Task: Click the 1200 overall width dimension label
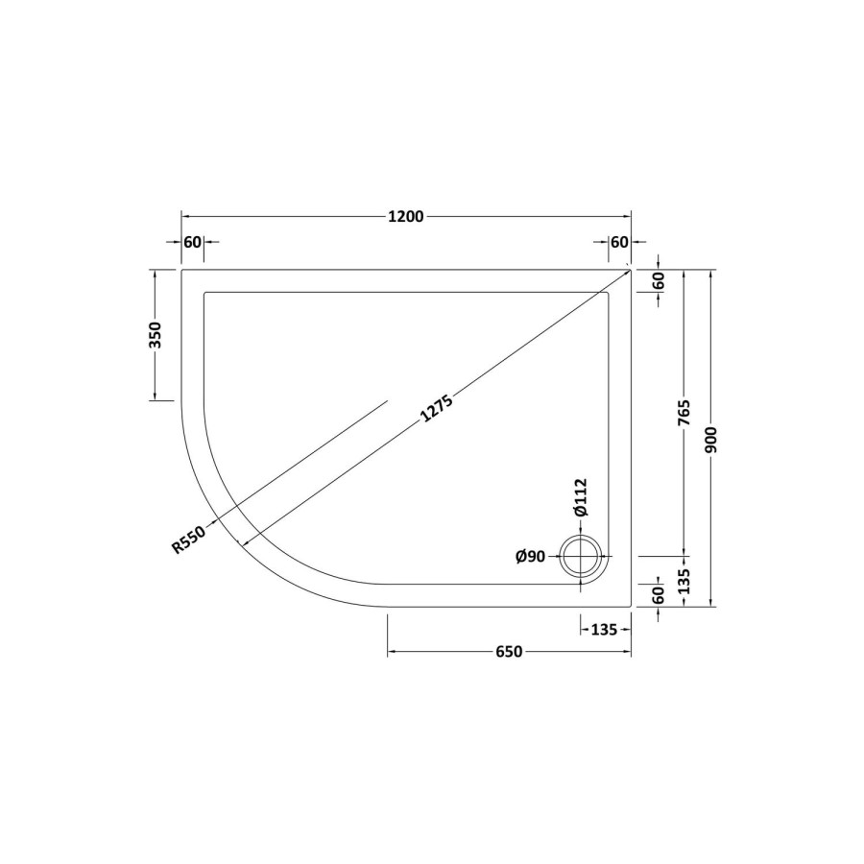[406, 216]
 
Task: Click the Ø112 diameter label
[580, 499]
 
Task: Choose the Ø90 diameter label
[531, 557]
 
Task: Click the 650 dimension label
[509, 653]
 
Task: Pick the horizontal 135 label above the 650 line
[603, 630]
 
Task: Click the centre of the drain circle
[583, 556]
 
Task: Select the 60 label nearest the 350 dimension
[192, 242]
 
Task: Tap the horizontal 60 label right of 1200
[619, 242]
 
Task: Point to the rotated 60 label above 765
[659, 281]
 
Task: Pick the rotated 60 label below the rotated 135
[659, 595]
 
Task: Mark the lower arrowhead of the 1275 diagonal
[244, 544]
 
